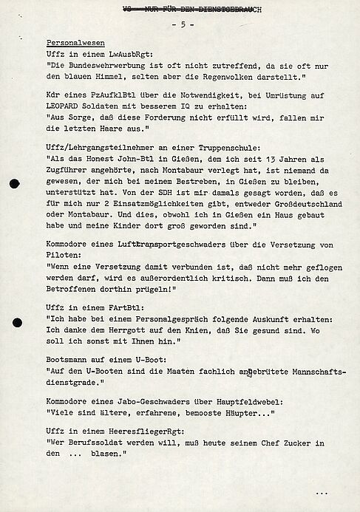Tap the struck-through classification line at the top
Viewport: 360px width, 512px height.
click(184, 8)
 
